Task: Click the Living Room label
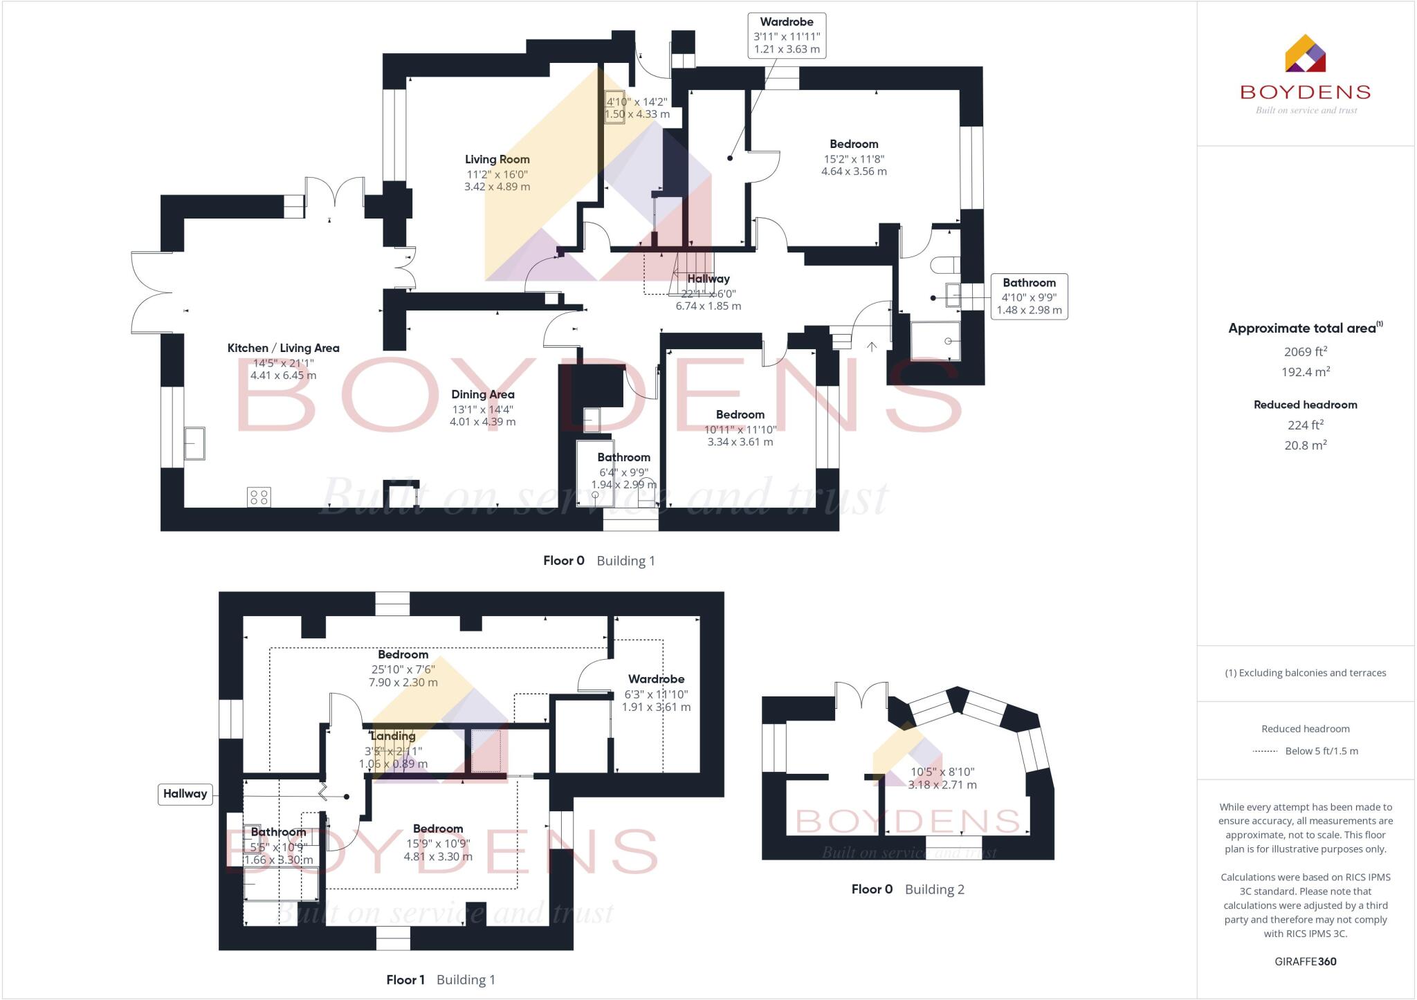coord(497,160)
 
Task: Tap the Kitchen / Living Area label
coord(283,349)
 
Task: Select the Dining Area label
coord(482,395)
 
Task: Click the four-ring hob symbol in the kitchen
coord(259,497)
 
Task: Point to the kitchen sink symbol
coord(194,443)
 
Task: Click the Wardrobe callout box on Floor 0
coord(787,35)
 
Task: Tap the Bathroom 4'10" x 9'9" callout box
coord(1028,297)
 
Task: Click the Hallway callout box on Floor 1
coord(185,794)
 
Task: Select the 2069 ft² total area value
coord(1305,352)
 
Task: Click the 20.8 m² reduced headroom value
coord(1305,445)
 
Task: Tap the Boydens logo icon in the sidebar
coord(1305,54)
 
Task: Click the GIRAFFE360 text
coord(1305,961)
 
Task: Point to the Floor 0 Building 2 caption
coord(907,889)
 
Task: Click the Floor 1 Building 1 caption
coord(440,980)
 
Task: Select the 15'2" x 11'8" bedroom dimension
coord(854,158)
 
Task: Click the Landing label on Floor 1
coord(392,737)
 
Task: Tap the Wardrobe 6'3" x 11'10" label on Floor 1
coord(656,680)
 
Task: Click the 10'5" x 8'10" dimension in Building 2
coord(942,772)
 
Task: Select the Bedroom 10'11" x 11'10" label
coord(740,415)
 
